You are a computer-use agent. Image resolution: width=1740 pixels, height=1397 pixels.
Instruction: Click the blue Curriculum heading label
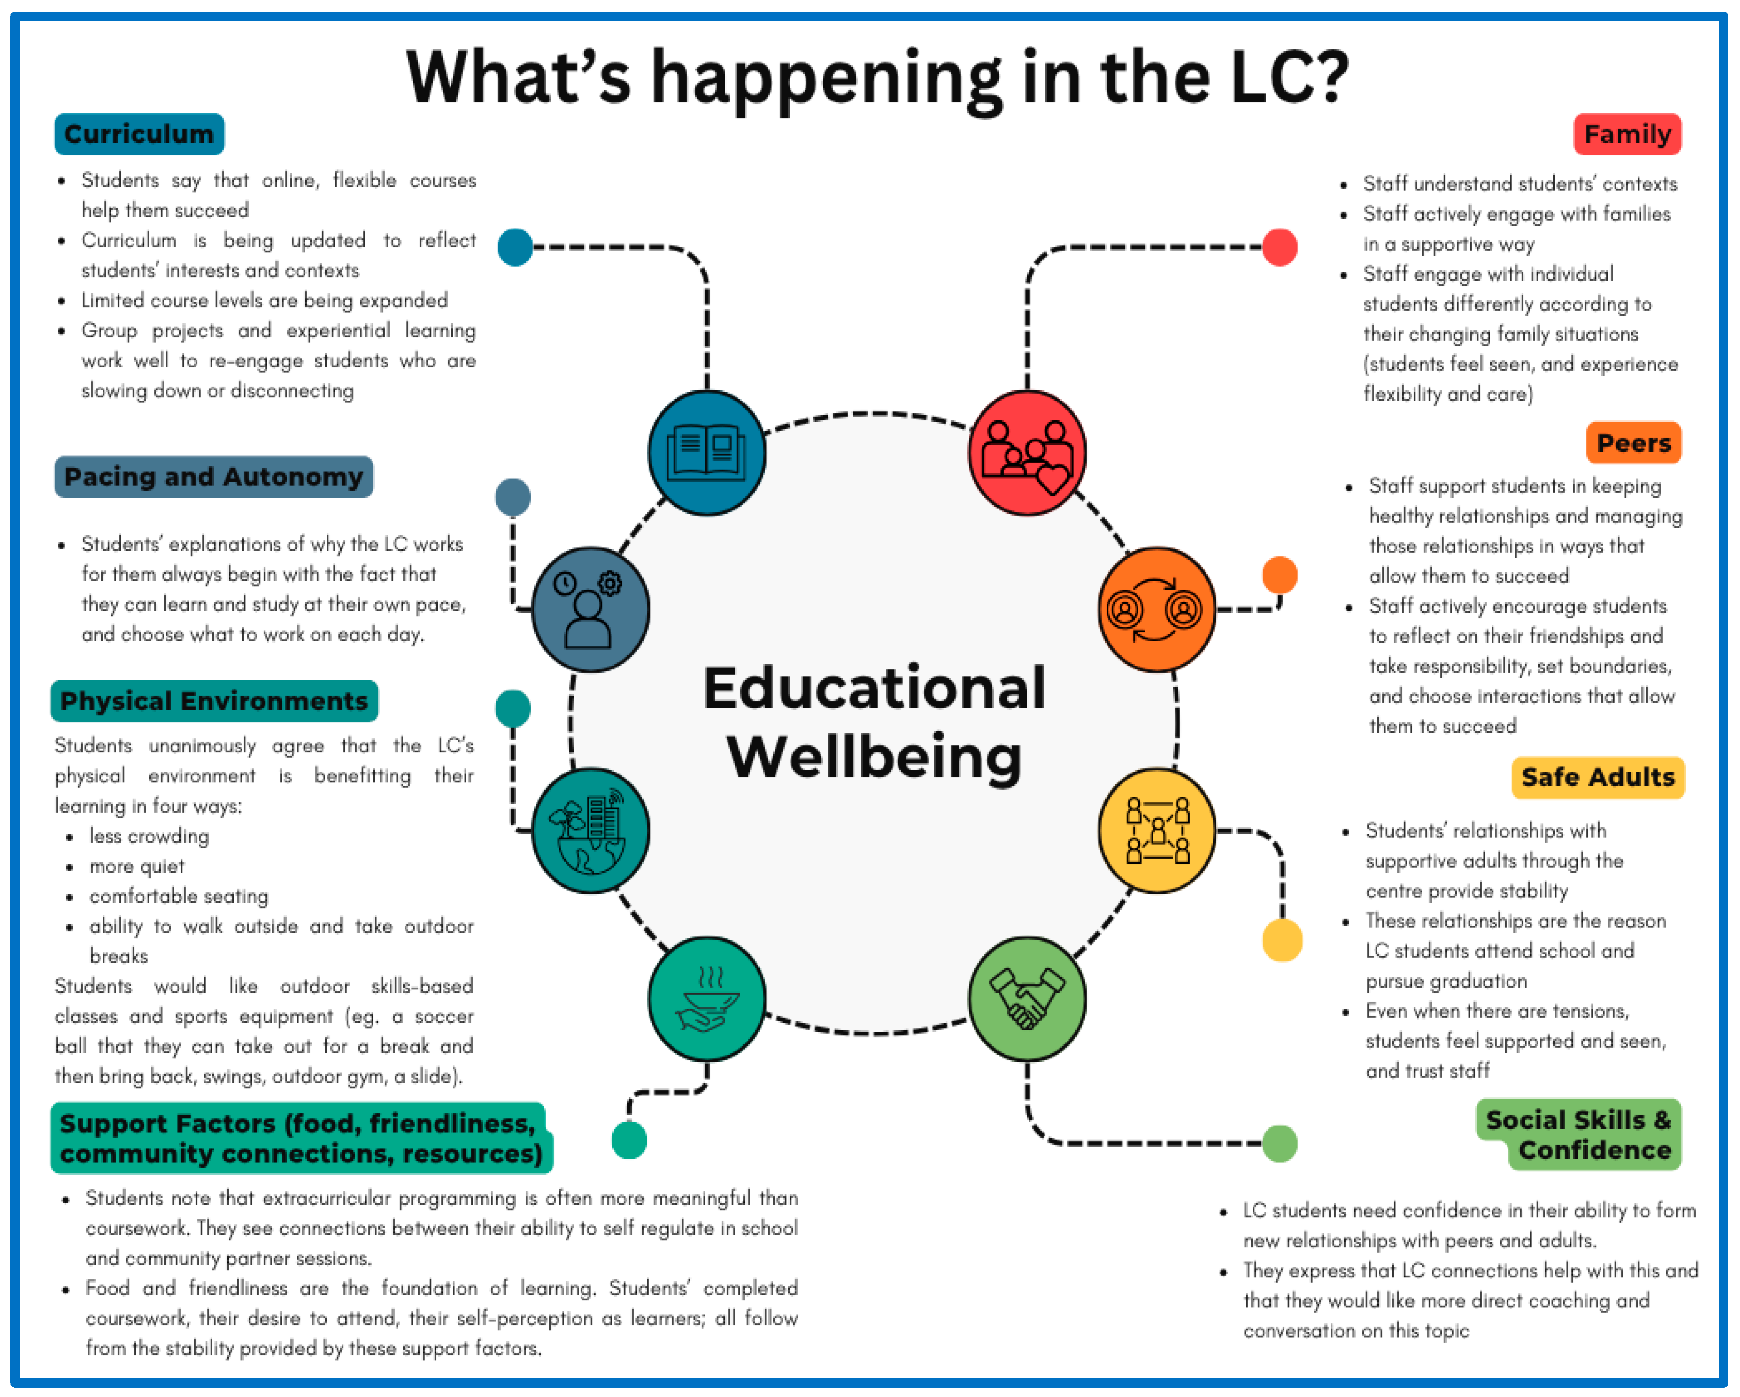tap(139, 134)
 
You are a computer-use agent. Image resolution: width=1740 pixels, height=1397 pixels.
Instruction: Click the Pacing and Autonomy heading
tap(214, 477)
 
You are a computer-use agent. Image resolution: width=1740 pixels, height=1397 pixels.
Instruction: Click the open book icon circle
tap(707, 453)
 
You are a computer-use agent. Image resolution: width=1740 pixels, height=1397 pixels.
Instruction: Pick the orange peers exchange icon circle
tap(1156, 610)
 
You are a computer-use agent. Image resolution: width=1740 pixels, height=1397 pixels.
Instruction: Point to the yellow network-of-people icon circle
tap(1156, 830)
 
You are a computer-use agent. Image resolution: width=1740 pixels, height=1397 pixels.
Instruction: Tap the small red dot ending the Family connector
tap(1279, 247)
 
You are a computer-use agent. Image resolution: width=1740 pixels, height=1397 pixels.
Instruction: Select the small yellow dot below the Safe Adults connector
tap(1281, 940)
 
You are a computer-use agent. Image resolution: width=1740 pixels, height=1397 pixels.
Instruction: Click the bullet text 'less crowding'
tap(149, 836)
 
